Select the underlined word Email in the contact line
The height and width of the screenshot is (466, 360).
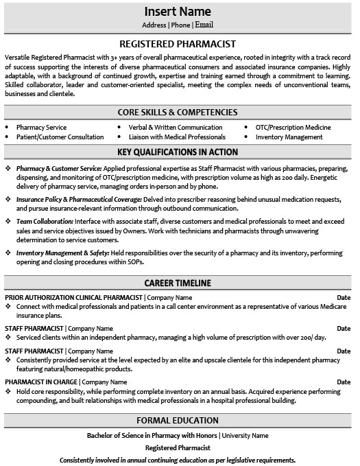tap(204, 25)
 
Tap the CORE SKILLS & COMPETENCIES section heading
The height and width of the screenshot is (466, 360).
tap(178, 111)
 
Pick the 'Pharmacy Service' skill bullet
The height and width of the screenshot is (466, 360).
tap(42, 128)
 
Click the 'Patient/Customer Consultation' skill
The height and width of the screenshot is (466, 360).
tap(61, 137)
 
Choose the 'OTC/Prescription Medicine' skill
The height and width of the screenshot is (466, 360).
tap(293, 128)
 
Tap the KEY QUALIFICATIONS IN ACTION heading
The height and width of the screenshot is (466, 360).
tap(178, 152)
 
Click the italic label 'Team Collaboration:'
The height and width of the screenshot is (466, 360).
tap(45, 222)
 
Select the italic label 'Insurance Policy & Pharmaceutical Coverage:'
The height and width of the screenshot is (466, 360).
tap(79, 199)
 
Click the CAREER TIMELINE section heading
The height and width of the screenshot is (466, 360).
tap(178, 282)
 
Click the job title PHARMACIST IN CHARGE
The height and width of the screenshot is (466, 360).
tap(38, 382)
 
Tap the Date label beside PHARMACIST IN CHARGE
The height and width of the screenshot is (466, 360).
tap(344, 382)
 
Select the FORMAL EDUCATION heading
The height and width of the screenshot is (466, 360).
tap(178, 420)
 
